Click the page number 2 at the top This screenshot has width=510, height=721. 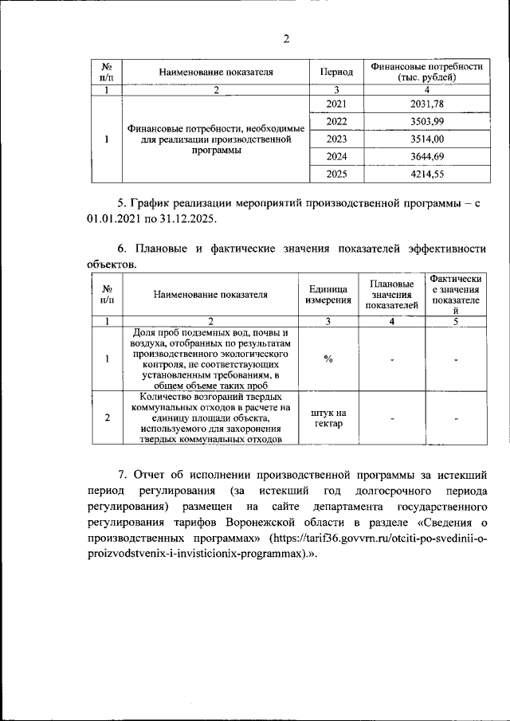[286, 40]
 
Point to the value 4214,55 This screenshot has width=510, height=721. [425, 174]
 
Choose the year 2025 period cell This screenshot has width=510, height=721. [337, 174]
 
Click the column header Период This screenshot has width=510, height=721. [337, 72]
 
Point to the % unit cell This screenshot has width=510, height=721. [328, 358]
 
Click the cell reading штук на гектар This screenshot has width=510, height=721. [328, 417]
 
